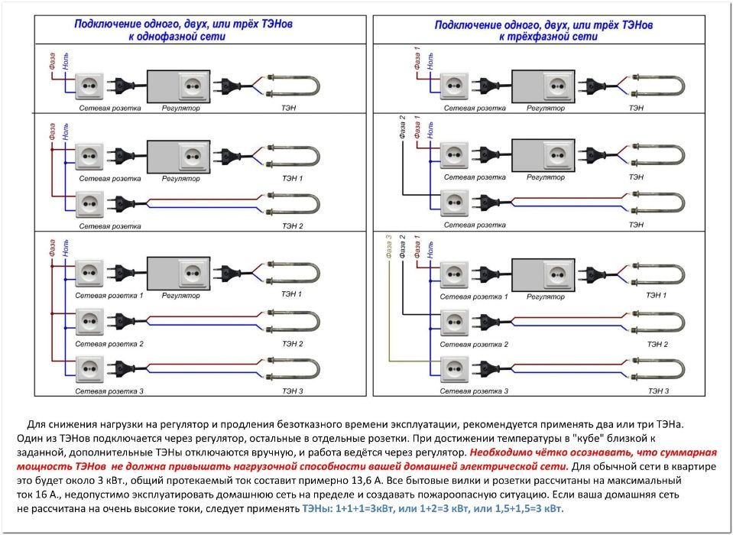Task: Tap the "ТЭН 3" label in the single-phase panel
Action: click(293, 391)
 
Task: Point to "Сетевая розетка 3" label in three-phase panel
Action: click(475, 391)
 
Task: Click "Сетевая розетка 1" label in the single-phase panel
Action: click(109, 295)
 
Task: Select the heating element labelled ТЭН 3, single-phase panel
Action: click(290, 368)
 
